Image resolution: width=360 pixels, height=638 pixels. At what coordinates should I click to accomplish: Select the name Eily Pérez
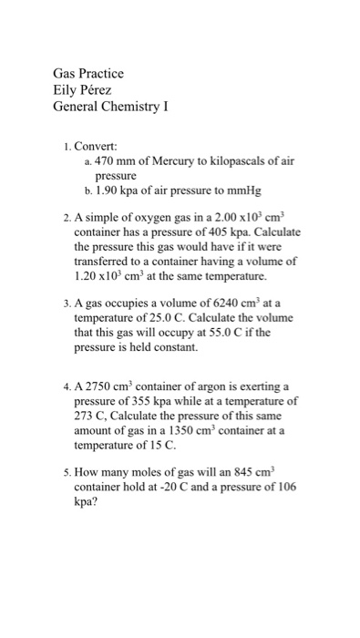click(x=88, y=90)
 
